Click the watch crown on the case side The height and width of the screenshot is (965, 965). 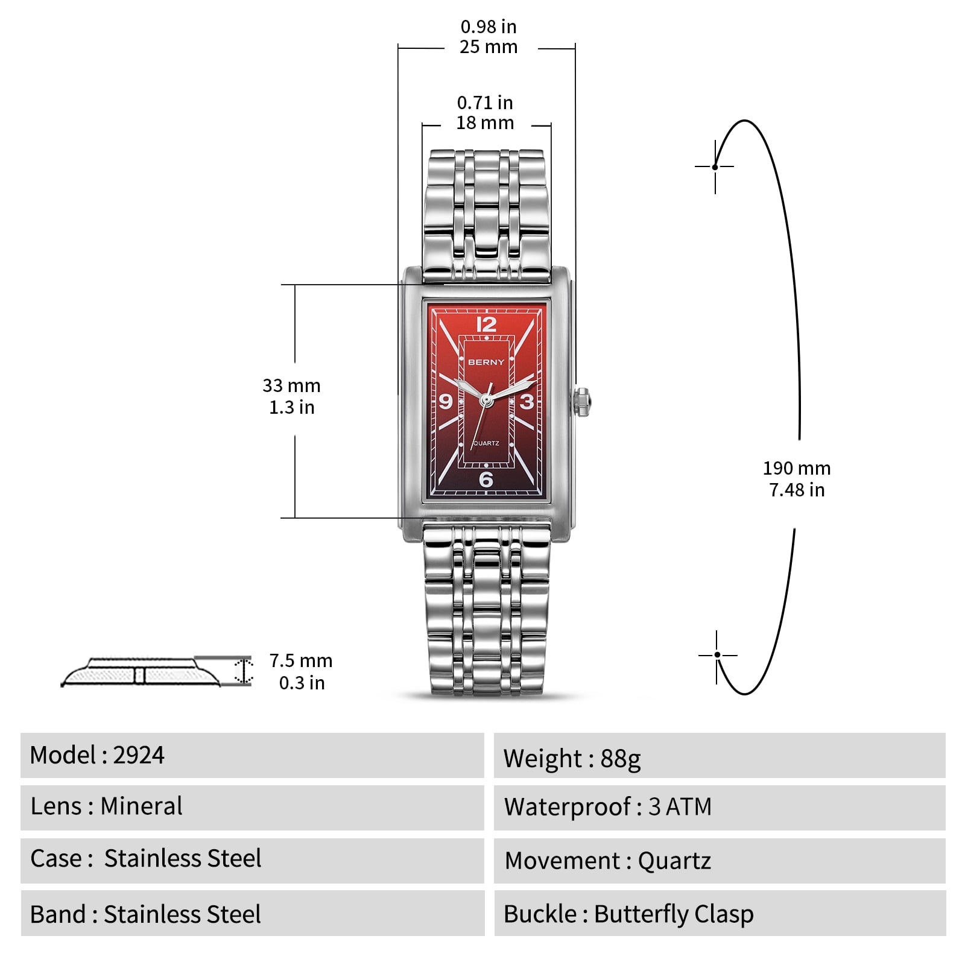pos(583,402)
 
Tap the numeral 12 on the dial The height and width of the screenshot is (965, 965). pos(486,324)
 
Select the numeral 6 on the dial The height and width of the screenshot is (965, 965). pos(486,479)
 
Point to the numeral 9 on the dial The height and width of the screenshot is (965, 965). pos(446,401)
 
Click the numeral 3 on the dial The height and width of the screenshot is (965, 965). pos(527,401)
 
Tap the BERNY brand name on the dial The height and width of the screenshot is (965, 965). pos(486,362)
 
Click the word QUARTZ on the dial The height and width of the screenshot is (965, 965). pos(486,443)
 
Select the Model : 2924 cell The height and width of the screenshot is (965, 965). pos(252,755)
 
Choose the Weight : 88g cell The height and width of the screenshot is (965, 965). pos(720,755)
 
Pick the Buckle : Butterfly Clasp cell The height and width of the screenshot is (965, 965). pos(720,914)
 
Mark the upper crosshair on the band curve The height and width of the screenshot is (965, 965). pos(715,166)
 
